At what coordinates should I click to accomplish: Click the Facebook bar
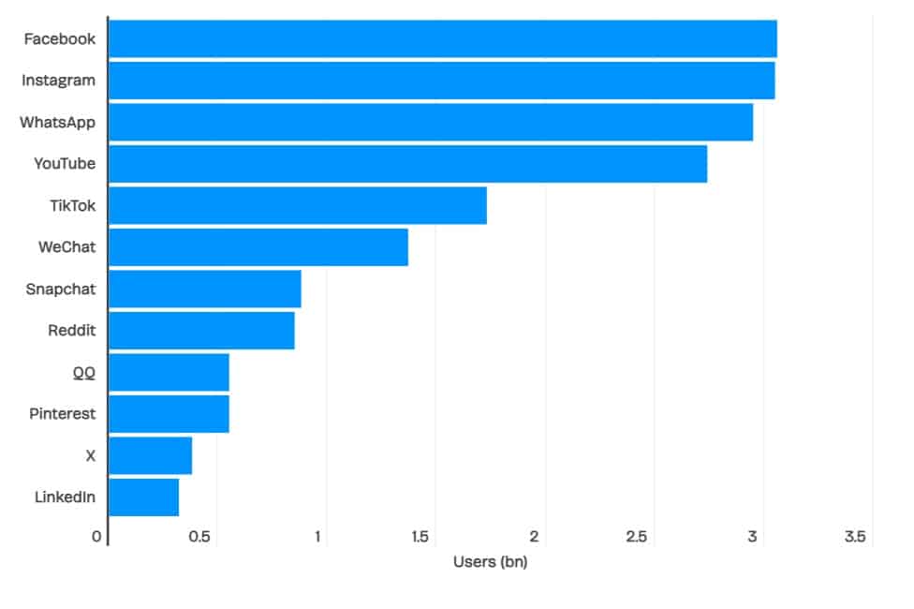point(442,38)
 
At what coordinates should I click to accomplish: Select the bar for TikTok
point(297,205)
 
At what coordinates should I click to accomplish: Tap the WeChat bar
point(258,247)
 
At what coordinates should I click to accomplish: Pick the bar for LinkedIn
point(143,497)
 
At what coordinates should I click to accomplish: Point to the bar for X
point(150,455)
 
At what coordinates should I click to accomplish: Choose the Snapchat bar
point(204,289)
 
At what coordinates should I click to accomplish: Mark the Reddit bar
point(201,331)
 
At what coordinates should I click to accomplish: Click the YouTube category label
point(65,164)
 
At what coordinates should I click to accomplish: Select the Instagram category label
point(58,81)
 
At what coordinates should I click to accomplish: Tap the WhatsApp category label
point(57,122)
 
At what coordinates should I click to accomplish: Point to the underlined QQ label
point(84,372)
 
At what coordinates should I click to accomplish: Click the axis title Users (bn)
point(490,562)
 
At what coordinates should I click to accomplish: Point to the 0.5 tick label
point(199,537)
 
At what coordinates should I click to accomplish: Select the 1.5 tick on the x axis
point(420,537)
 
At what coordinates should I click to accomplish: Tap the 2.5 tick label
point(637,537)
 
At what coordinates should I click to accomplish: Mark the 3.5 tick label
point(854,537)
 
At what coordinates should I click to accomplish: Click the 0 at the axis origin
point(96,537)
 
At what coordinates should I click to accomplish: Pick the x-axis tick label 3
point(752,537)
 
